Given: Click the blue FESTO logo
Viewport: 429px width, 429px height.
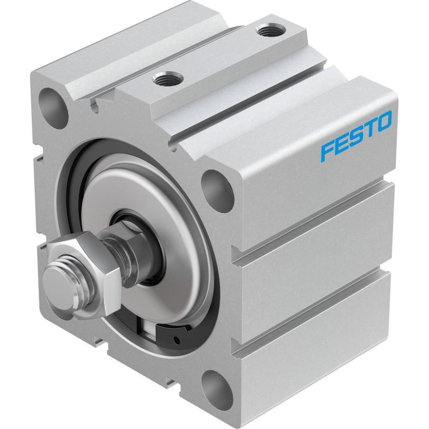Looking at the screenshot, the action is pyautogui.click(x=356, y=136).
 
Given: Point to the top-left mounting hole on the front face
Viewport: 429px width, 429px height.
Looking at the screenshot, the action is pyautogui.click(x=53, y=108).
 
